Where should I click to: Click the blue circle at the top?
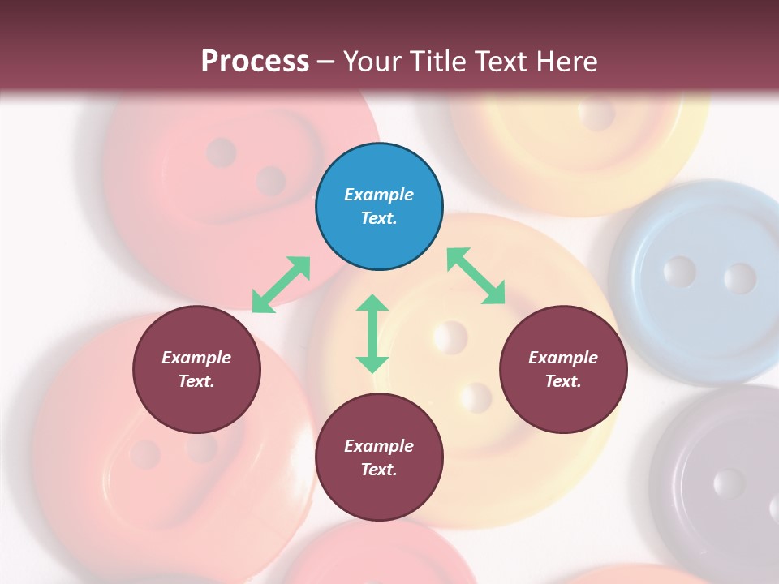pos(379,207)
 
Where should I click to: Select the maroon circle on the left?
pos(196,370)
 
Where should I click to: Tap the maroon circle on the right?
pos(563,370)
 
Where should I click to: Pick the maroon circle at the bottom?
pos(379,458)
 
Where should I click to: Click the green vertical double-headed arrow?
pos(372,333)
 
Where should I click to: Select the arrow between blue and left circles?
pos(281,285)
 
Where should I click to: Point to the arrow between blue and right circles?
pos(476,276)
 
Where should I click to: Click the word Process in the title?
pos(255,61)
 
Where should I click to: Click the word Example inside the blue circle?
pos(379,195)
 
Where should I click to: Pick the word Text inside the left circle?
pos(196,381)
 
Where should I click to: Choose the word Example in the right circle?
pos(563,358)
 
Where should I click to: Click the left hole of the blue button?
pos(679,272)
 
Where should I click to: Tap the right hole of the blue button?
pos(739,278)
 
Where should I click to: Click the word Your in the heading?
pos(372,61)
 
